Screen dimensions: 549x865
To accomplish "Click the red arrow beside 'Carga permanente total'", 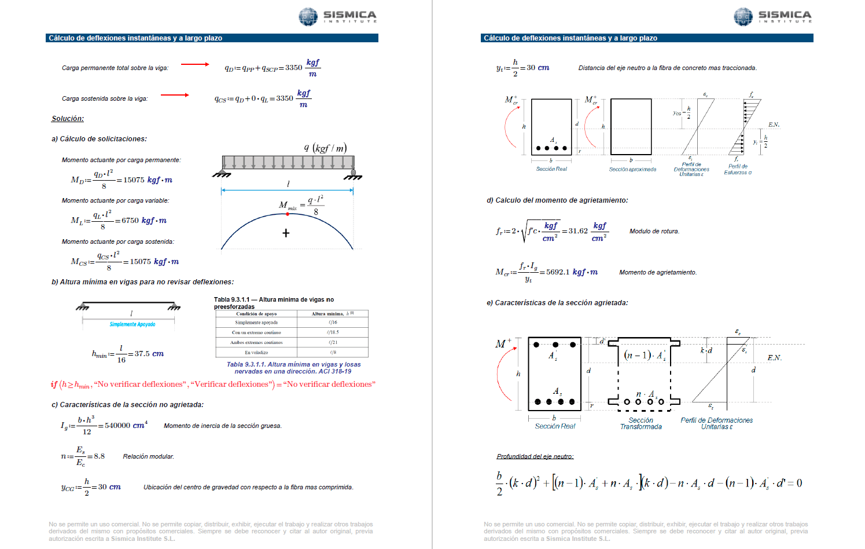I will pyautogui.click(x=195, y=64).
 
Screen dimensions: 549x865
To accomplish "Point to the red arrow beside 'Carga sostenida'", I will pyautogui.click(x=175, y=95).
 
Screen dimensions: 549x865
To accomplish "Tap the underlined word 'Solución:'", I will pyautogui.click(x=68, y=119).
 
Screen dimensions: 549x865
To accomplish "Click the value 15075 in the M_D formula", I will pyautogui.click(x=134, y=180).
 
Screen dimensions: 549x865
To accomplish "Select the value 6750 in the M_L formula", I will pyautogui.click(x=130, y=221).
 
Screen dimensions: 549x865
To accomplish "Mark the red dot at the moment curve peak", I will pyautogui.click(x=288, y=214).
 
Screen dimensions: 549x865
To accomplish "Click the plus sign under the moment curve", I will pyautogui.click(x=286, y=233).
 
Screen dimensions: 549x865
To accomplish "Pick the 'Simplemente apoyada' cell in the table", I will pyautogui.click(x=256, y=323).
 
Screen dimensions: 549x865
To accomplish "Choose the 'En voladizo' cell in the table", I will pyautogui.click(x=256, y=352).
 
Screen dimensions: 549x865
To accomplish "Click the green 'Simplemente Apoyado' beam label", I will pyautogui.click(x=132, y=324).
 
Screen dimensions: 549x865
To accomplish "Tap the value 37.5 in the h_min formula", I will pyautogui.click(x=142, y=354).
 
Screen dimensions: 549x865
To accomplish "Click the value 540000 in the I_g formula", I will pyautogui.click(x=117, y=426).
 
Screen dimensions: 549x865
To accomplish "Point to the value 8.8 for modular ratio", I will pyautogui.click(x=99, y=456).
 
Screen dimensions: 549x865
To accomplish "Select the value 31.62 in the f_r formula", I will pyautogui.click(x=578, y=231).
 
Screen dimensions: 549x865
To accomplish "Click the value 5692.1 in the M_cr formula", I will pyautogui.click(x=558, y=272).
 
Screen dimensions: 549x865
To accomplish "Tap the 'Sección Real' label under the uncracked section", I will pyautogui.click(x=551, y=169).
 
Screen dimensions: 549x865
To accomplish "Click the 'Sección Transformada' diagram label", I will pyautogui.click(x=641, y=424).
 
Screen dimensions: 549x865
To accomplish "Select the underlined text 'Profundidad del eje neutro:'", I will pyautogui.click(x=535, y=456).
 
